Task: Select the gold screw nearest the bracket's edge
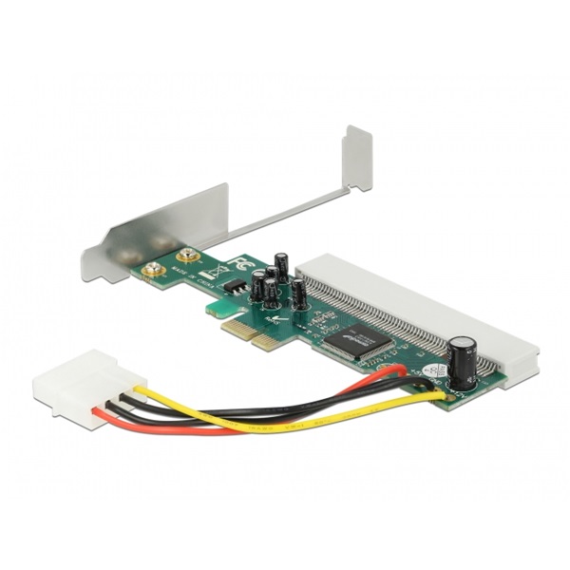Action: pos(150,272)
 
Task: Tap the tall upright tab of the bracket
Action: pos(357,157)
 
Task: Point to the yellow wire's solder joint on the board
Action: pos(439,395)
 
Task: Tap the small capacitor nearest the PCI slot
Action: pos(298,294)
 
